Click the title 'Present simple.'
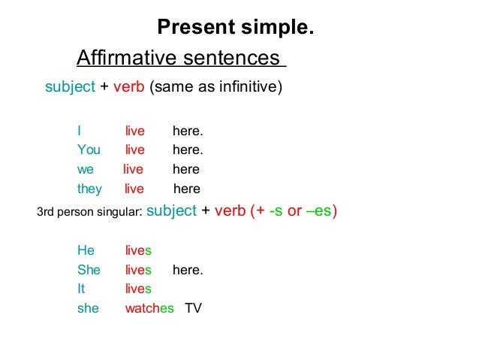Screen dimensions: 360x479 [235, 28]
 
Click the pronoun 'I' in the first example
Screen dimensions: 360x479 [79, 132]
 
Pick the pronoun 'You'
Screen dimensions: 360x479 [89, 150]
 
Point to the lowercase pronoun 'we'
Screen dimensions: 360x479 [86, 169]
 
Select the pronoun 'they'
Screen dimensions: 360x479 [89, 189]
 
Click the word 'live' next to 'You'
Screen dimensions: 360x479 [135, 150]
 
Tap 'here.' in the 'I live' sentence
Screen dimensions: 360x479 [188, 132]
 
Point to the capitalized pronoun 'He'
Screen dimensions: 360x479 [86, 250]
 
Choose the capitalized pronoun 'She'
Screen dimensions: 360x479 [89, 270]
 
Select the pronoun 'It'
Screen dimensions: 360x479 [81, 289]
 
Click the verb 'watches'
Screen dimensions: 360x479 [149, 308]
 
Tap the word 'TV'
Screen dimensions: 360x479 [194, 308]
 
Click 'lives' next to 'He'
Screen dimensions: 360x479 [138, 250]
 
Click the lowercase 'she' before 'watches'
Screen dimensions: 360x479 [88, 308]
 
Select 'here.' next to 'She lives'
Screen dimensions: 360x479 [188, 270]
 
